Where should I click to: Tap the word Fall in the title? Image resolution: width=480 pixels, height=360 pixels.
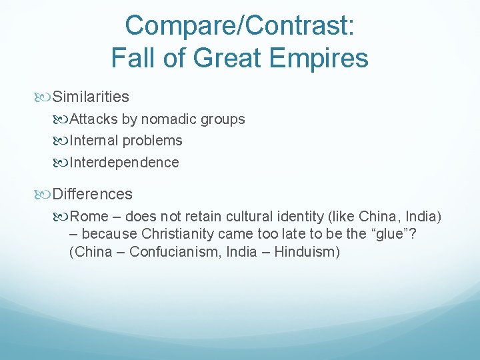pyautogui.click(x=133, y=58)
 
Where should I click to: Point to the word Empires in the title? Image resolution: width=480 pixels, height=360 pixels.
pyautogui.click(x=319, y=58)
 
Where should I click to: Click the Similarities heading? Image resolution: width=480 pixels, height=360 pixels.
pyautogui.click(x=91, y=97)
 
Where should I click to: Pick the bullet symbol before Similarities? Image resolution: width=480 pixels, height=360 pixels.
pyautogui.click(x=45, y=97)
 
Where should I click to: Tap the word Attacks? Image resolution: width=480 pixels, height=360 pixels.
pyautogui.click(x=93, y=120)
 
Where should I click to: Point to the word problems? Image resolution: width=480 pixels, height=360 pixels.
pyautogui.click(x=151, y=141)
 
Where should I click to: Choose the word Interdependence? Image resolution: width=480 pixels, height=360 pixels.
pyautogui.click(x=125, y=163)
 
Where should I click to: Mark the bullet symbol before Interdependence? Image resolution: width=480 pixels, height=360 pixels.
pyautogui.click(x=63, y=163)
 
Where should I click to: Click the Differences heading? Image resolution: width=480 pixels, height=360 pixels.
pyautogui.click(x=93, y=195)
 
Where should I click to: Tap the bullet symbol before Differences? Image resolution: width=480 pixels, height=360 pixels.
pyautogui.click(x=45, y=195)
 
